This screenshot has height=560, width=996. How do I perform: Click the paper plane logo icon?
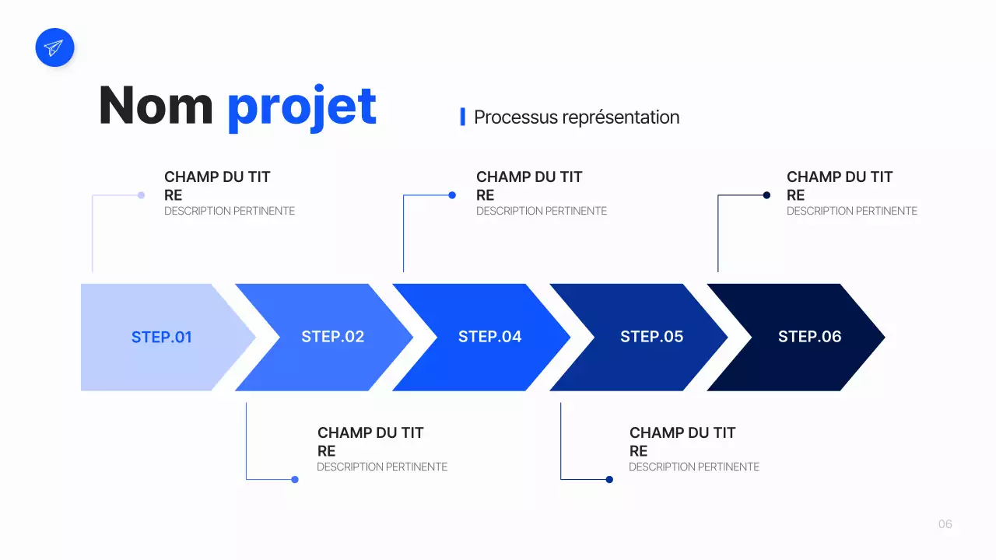[54, 47]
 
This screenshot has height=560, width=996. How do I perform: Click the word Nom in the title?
[156, 106]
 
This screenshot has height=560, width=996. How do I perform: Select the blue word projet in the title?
[302, 107]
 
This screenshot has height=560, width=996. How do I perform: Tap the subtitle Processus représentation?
[577, 117]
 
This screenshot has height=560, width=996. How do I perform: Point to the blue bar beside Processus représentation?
[462, 117]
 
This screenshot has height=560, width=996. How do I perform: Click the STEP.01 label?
[161, 337]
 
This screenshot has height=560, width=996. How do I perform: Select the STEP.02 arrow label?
[332, 337]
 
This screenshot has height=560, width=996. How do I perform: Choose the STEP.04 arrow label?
[489, 337]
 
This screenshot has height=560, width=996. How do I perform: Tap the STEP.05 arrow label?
[651, 337]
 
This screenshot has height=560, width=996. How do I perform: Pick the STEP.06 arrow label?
[809, 337]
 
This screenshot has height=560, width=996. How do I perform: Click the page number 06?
[945, 524]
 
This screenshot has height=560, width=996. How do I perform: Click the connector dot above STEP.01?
[141, 195]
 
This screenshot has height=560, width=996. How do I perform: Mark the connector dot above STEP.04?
[452, 195]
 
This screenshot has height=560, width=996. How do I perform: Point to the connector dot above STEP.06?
[766, 195]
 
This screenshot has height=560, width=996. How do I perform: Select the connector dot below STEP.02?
[295, 479]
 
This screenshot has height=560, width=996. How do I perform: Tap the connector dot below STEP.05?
[609, 479]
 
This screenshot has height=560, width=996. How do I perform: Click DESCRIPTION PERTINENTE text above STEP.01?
[230, 211]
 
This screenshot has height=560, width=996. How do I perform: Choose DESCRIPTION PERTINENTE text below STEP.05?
[694, 467]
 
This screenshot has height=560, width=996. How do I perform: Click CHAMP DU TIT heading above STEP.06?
[840, 177]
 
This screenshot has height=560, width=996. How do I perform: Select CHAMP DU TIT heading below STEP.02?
[370, 433]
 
